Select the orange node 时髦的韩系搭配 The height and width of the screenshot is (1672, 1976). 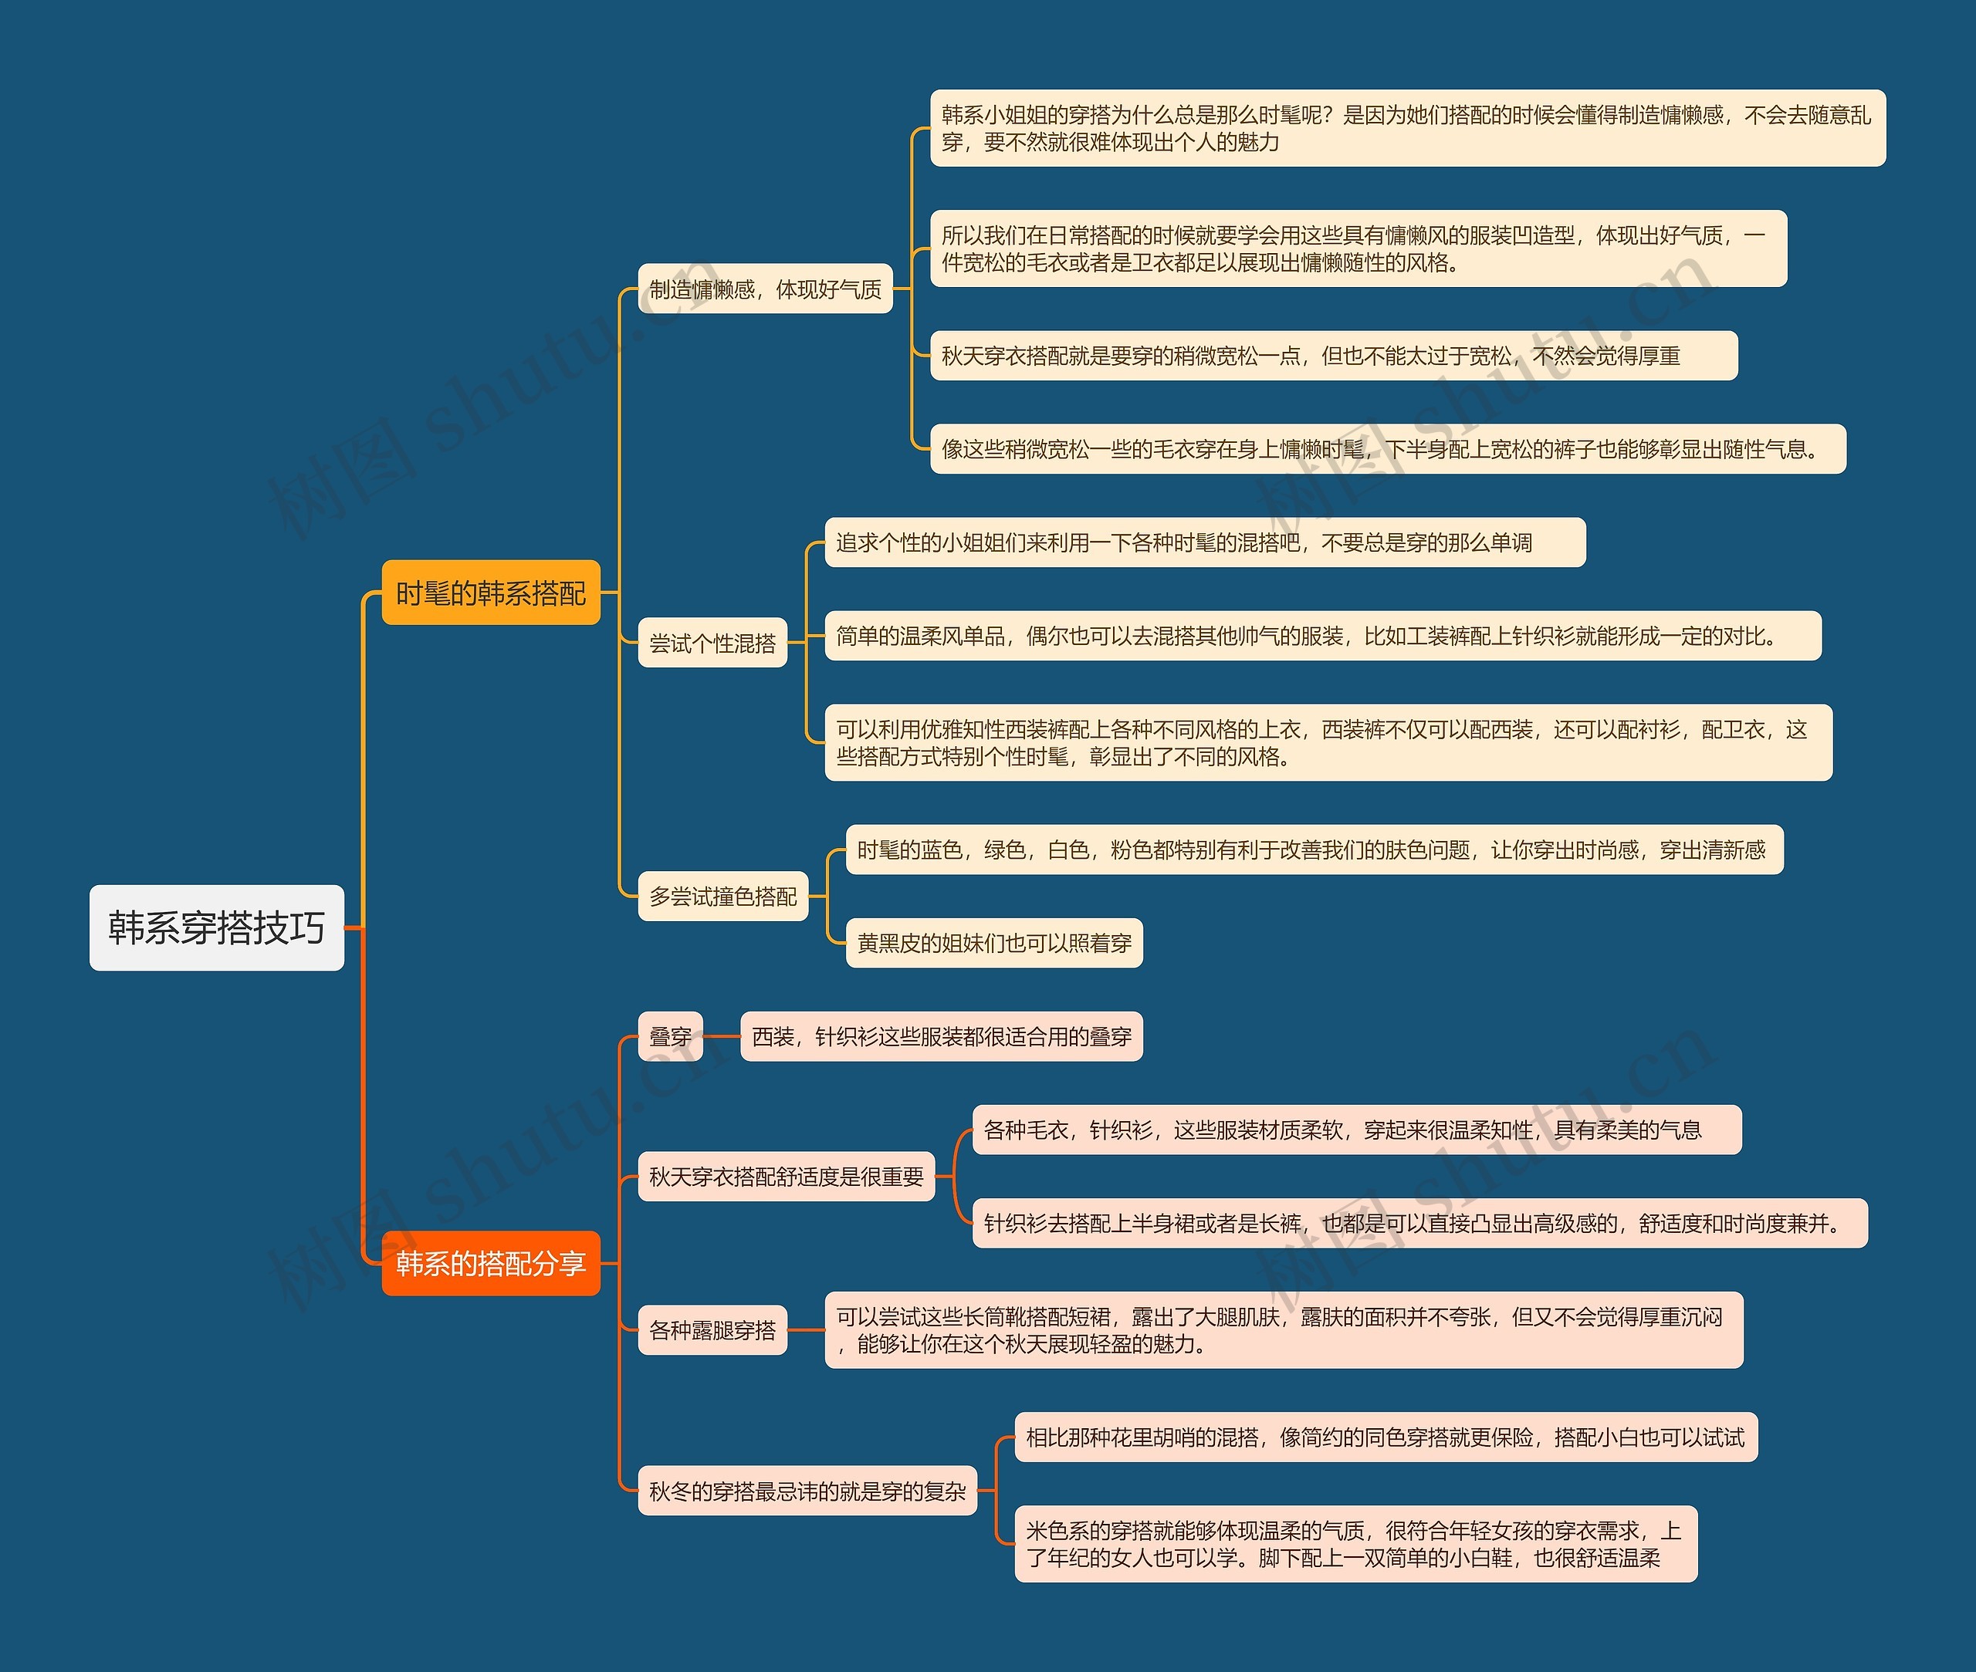[x=490, y=593]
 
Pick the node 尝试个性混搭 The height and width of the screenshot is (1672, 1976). [x=712, y=643]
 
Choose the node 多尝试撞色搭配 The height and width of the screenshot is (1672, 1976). [x=722, y=896]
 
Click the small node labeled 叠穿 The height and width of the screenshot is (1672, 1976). [x=670, y=1036]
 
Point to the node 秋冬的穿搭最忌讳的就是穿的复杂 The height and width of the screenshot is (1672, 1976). [x=807, y=1490]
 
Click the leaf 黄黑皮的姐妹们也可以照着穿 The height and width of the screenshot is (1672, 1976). [x=993, y=942]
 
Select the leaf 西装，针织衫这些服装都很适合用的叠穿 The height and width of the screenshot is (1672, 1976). [x=941, y=1036]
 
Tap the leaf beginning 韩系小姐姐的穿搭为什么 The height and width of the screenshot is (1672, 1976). [x=1407, y=128]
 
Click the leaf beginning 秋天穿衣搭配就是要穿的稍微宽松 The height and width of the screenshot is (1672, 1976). [x=1333, y=356]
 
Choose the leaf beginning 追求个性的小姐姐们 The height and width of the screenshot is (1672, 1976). [x=1204, y=542]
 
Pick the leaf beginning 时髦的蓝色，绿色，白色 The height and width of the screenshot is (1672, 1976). [x=1313, y=850]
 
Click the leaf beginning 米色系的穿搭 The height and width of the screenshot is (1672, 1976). [x=1355, y=1543]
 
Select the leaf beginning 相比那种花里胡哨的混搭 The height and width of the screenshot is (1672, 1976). [x=1386, y=1437]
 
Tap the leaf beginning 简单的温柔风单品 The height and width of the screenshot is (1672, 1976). [x=1323, y=635]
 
